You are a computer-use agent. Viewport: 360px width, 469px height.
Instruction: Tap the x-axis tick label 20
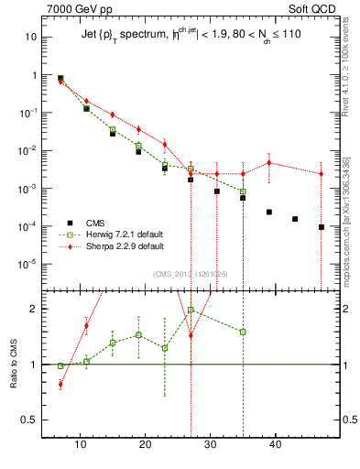[x=146, y=445]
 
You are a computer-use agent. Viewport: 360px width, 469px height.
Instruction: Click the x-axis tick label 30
[x=211, y=445]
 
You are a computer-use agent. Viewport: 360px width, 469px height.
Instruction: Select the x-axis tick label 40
[x=276, y=445]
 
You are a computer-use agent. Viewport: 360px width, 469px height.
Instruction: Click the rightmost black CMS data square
[x=322, y=227]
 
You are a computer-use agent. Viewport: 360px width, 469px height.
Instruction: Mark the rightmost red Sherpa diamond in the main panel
[x=322, y=173]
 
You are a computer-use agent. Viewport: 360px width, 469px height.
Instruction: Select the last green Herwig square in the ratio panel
[x=243, y=332]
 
